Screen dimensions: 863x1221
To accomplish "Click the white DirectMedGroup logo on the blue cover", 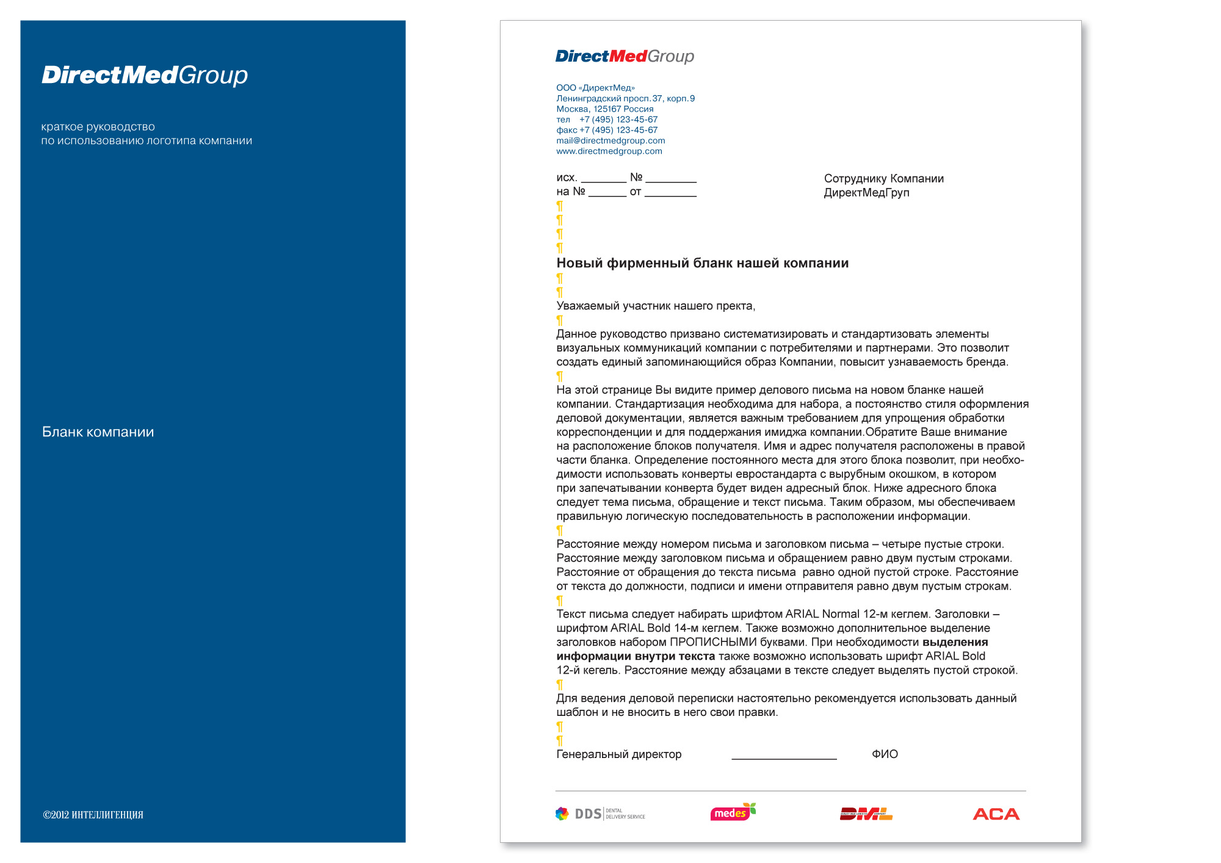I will pos(145,75).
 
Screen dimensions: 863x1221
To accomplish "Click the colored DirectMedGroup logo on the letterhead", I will pos(625,56).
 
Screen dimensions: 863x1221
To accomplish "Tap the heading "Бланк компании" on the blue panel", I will pos(98,432).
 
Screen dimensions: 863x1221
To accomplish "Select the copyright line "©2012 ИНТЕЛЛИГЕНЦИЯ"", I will pos(93,815).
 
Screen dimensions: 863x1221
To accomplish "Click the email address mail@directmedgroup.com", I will pos(610,140).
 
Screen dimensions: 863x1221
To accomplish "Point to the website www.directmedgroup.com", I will pos(609,151).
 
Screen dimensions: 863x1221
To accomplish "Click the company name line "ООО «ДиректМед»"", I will pos(595,88).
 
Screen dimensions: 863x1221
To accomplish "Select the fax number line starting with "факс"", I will pos(607,130).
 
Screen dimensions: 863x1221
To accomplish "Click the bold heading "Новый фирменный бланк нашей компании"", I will pos(702,263).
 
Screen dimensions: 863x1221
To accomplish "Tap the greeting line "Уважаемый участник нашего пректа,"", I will pos(656,306).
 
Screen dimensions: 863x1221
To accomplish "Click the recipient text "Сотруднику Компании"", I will pos(883,179).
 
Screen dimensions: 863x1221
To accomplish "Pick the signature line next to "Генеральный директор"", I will pos(784,757).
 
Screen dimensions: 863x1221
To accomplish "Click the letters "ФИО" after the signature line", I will pos(885,754).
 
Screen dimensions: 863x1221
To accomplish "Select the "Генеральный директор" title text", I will pos(618,754).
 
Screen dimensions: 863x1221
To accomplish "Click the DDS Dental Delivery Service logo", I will pos(600,814).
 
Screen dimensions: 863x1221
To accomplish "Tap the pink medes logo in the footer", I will pos(733,812).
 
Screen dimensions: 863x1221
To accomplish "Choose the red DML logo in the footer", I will pos(866,814).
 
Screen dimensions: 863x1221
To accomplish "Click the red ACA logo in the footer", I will pos(996,814).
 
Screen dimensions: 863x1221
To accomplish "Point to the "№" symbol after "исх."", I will pos(636,177).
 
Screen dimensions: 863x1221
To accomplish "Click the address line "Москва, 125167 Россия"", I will pos(604,109).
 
